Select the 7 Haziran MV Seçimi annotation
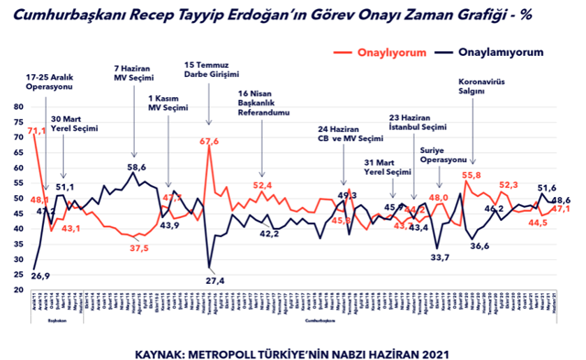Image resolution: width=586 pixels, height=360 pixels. pos(135,74)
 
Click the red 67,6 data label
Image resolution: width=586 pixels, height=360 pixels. pos(211,141)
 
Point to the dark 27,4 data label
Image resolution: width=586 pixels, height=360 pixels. pos(213,279)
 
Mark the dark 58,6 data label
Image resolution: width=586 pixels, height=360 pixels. pos(136,168)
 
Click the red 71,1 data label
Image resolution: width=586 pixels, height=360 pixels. pos(37,132)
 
